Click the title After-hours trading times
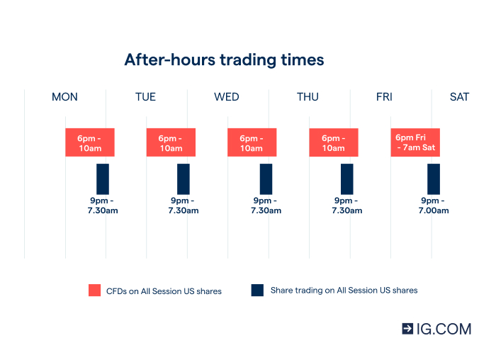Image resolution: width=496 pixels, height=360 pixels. tap(224, 60)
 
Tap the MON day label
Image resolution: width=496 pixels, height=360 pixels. tap(64, 97)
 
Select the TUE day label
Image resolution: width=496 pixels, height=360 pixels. tap(145, 97)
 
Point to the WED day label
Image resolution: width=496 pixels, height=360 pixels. tap(227, 97)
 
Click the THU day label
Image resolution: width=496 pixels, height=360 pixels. tap(308, 97)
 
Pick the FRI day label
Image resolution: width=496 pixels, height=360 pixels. tap(384, 97)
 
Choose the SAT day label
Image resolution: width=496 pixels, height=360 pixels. tap(459, 97)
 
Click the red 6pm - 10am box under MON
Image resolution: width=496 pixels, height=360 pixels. tap(90, 142)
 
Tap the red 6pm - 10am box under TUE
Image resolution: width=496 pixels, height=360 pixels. tap(171, 142)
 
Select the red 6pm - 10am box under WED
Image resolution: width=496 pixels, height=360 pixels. tap(252, 142)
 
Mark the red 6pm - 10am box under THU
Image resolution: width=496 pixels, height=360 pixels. tap(333, 142)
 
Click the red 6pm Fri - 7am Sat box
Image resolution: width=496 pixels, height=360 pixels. tap(415, 142)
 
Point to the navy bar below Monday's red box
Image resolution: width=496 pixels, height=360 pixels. tap(103, 179)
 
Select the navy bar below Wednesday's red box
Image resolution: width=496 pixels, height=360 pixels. tap(266, 179)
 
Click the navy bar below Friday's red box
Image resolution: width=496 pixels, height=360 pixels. tap(433, 179)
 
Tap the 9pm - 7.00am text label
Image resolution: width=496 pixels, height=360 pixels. tap(434, 206)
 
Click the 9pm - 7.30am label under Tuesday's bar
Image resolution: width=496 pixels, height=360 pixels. tap(184, 206)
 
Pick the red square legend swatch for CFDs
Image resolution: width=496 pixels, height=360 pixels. tap(95, 291)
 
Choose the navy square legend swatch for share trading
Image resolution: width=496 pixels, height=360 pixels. tap(257, 290)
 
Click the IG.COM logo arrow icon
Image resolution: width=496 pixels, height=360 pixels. tap(407, 328)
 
